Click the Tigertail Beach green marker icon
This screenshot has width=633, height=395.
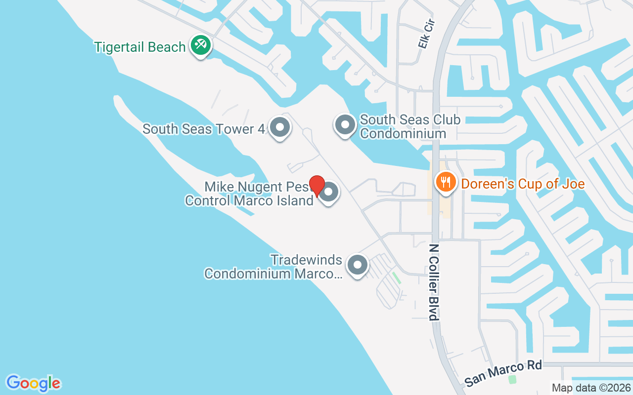[200, 45]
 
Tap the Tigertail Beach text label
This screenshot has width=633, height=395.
[140, 47]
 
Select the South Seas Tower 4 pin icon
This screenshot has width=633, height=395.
[280, 127]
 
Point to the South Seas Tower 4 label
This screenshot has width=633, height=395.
[204, 129]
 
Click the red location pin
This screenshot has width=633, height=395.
[316, 186]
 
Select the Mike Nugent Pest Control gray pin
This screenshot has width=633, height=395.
[330, 192]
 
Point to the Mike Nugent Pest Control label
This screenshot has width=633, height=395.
[250, 194]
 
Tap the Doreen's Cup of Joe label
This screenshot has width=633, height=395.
[523, 184]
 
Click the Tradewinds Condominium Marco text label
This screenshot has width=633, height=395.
[273, 267]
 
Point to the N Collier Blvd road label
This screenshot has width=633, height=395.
[434, 282]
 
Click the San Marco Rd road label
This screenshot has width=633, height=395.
[503, 373]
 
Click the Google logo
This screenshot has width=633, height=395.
[34, 383]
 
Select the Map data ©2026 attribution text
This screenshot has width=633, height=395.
[591, 388]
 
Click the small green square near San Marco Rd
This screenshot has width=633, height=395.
[512, 380]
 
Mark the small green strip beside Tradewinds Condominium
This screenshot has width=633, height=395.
[396, 277]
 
